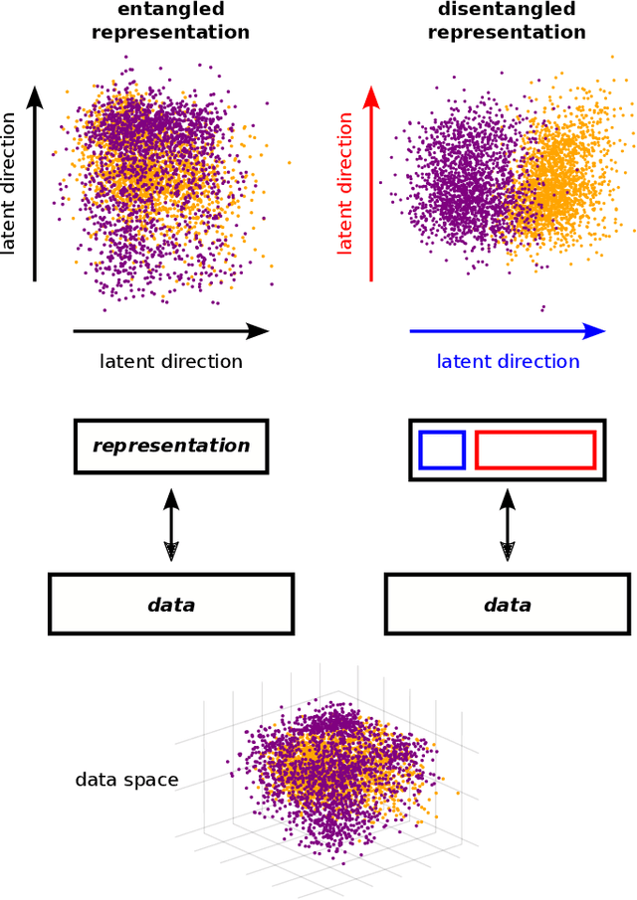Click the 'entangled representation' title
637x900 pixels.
pos(170,21)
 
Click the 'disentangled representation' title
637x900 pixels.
pos(507,21)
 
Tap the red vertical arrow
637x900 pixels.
pos(371,184)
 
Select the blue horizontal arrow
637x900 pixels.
pos(508,331)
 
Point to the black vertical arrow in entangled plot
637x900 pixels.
pos(35,184)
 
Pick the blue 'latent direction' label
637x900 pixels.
pos(508,361)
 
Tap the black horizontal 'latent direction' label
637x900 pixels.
pos(171,361)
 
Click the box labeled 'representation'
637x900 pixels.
pos(171,446)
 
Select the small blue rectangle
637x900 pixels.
pos(442,450)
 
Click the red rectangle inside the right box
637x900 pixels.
pos(535,450)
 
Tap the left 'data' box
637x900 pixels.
pos(171,604)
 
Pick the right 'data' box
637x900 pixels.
pos(508,604)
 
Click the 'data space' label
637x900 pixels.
pos(126,780)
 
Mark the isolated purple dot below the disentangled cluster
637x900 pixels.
pos(543,307)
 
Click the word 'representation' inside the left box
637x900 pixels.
pos(171,446)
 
